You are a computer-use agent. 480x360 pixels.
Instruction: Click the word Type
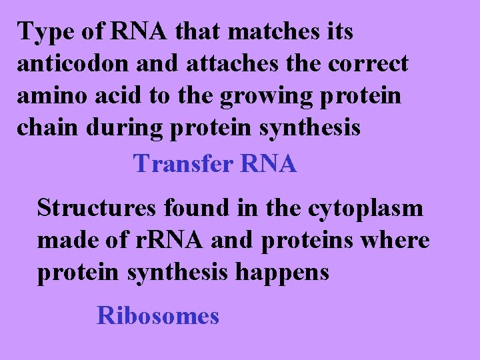43,32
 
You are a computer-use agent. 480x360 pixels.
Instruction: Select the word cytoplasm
365,209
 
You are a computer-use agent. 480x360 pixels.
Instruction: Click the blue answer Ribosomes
158,315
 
